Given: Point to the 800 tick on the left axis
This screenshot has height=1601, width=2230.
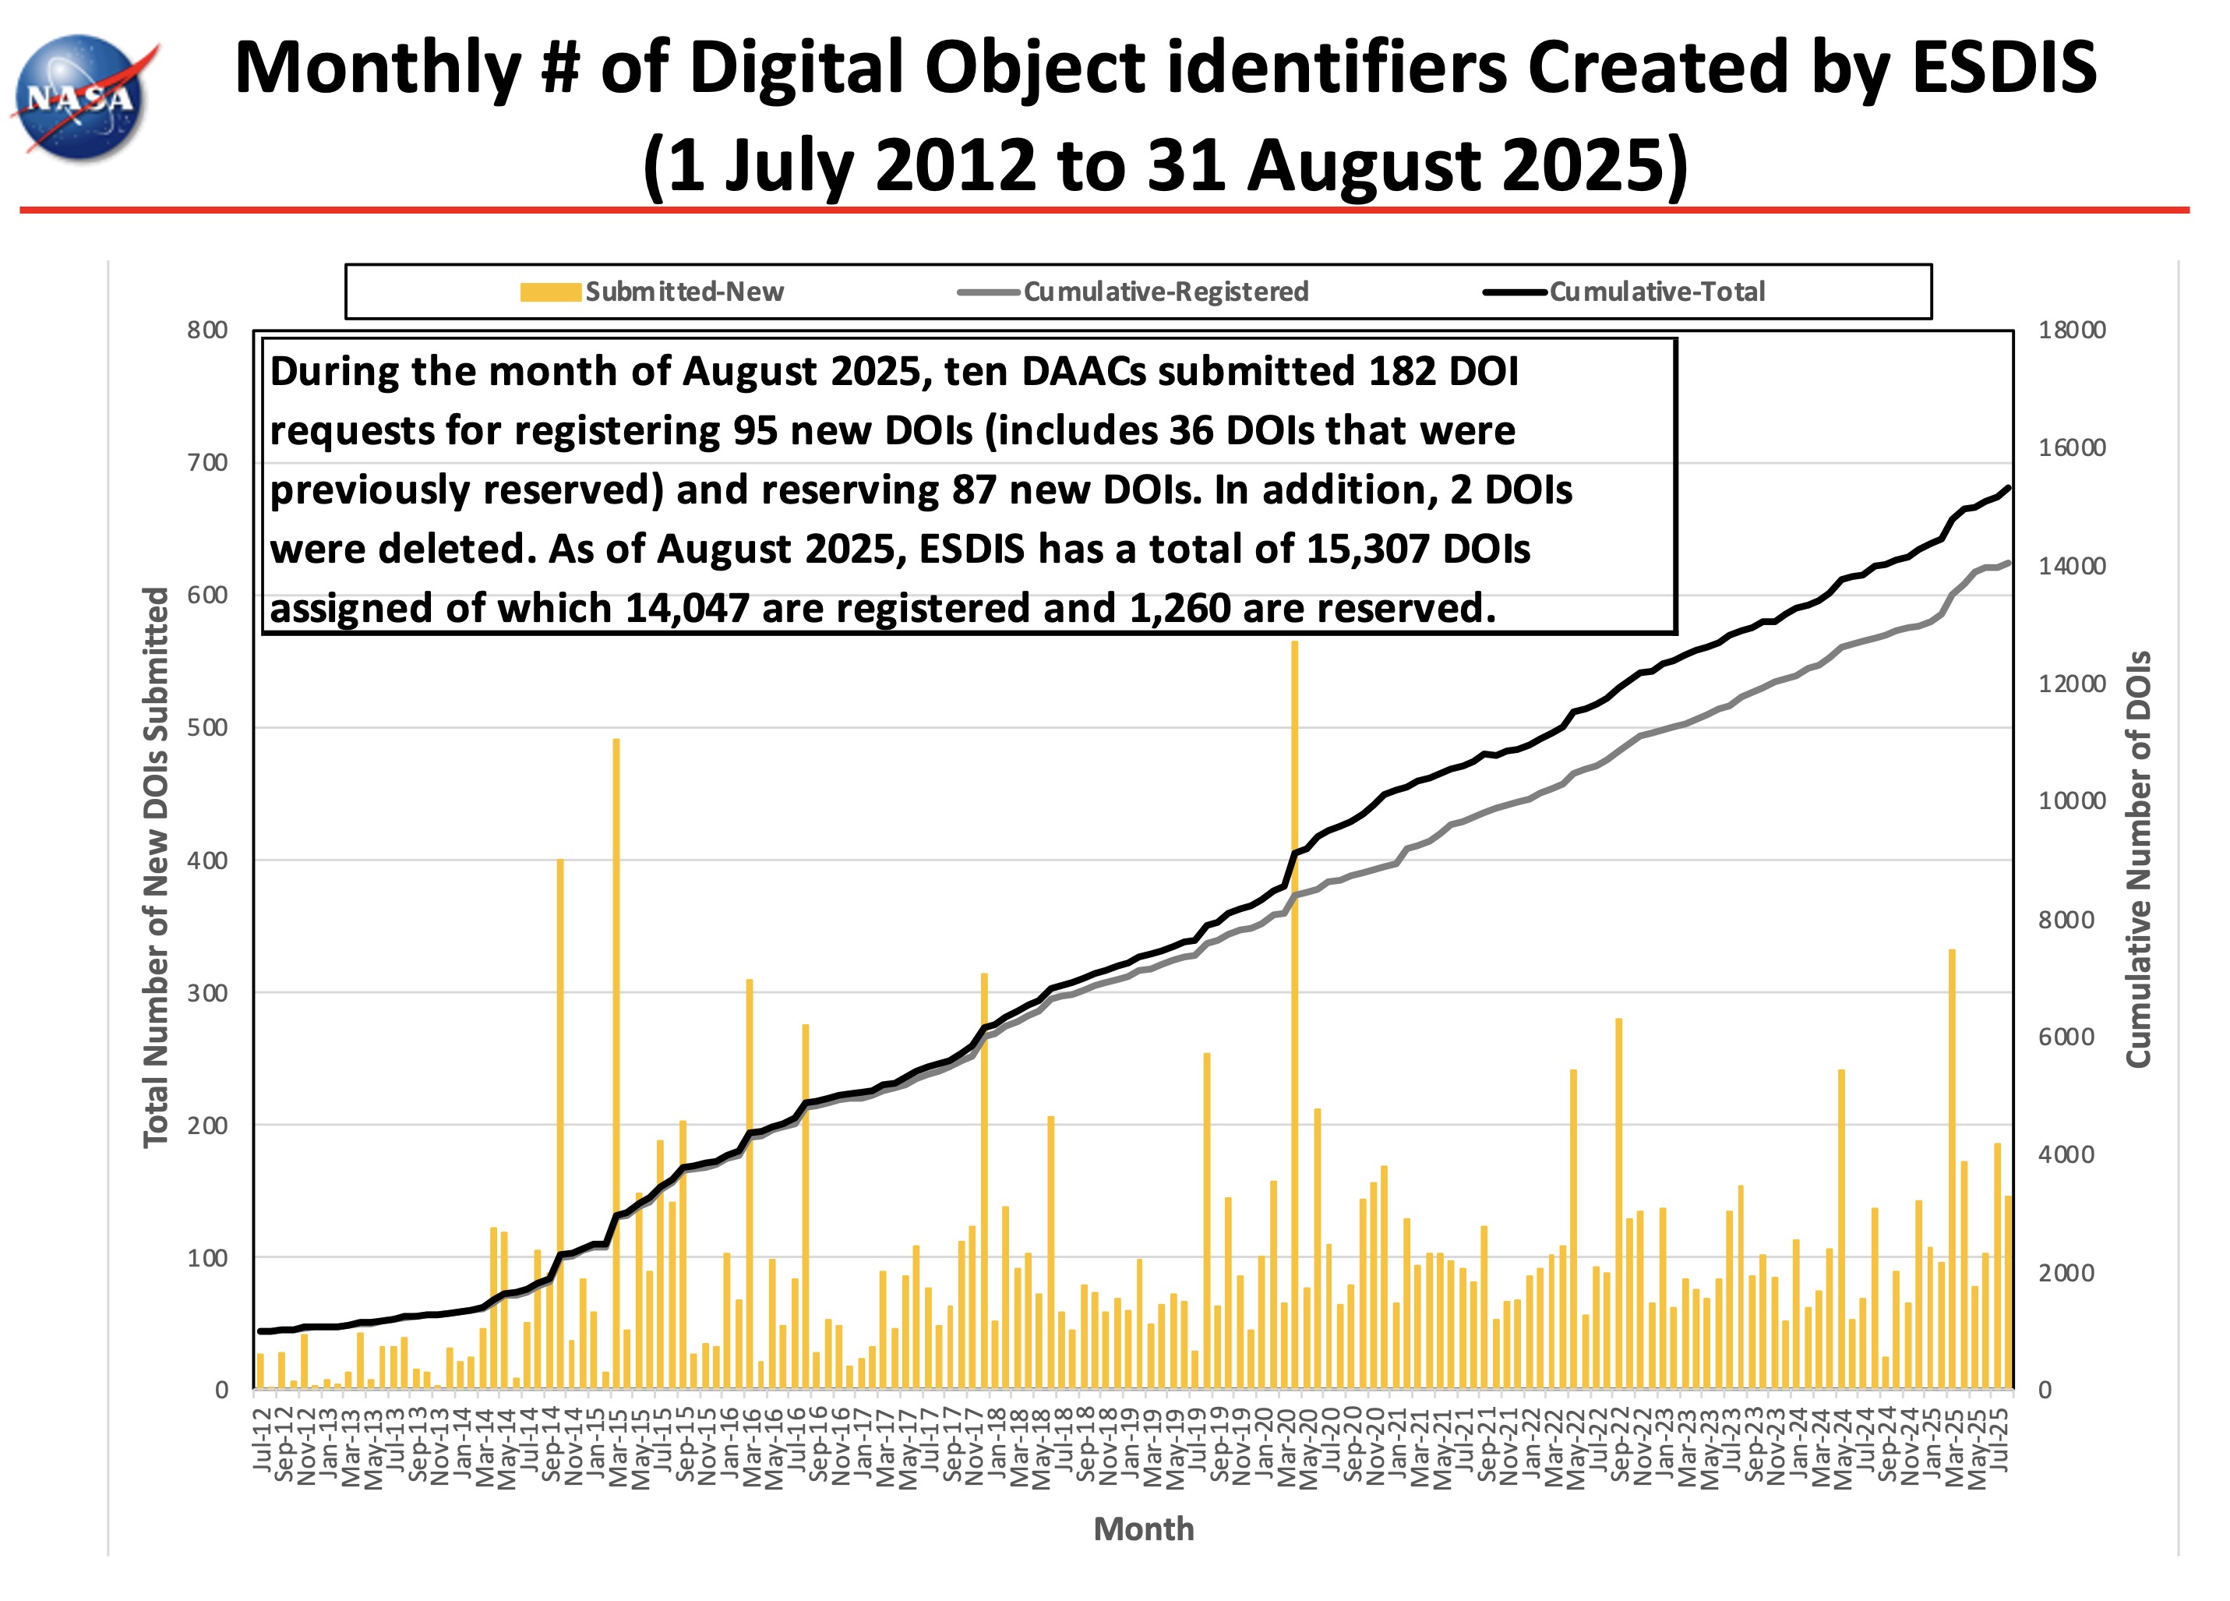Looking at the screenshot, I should point(207,330).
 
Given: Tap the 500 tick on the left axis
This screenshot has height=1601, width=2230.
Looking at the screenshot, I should point(207,728).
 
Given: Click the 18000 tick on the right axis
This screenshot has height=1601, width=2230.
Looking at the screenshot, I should point(2071,330).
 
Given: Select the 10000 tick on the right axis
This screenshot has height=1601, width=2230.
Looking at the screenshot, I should point(2071,801).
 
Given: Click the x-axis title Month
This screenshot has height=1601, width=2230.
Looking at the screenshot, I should point(1144,1529).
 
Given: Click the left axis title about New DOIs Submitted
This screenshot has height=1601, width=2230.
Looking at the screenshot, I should point(155,868).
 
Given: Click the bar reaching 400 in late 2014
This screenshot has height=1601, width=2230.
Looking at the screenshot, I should point(560,1121).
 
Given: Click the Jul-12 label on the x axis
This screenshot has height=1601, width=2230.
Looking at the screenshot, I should point(262,1440).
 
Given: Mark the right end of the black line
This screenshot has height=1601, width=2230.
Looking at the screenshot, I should point(2008,487).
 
